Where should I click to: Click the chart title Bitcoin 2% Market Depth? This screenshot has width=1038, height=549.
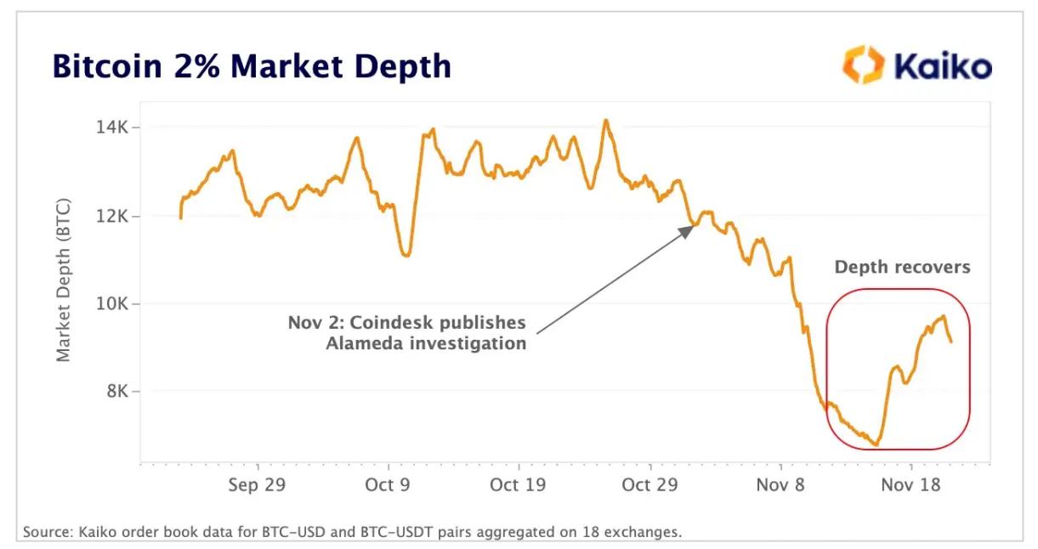click(x=252, y=66)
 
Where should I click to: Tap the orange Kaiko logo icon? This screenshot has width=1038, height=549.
click(x=860, y=65)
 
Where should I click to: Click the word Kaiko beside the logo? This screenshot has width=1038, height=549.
click(x=940, y=65)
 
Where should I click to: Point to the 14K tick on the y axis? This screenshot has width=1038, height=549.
click(x=114, y=127)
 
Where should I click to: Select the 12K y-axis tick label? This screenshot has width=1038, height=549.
click(x=114, y=216)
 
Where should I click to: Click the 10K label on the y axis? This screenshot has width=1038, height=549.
click(x=114, y=303)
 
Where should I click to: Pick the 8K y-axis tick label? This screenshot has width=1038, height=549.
click(x=117, y=392)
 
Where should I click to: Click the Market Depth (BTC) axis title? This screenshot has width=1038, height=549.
click(x=65, y=281)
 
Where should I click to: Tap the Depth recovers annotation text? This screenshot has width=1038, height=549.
click(x=902, y=267)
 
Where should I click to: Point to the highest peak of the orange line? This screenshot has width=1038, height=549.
click(x=606, y=120)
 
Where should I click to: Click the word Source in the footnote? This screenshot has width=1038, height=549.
click(x=47, y=533)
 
